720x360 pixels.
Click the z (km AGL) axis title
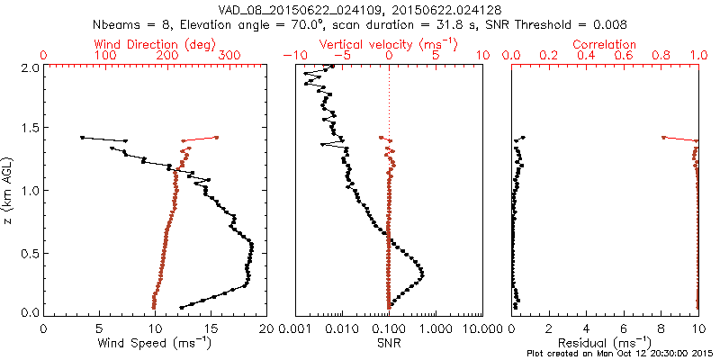[11, 189]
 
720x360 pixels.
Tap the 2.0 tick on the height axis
[29, 67]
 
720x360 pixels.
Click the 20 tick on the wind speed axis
[266, 328]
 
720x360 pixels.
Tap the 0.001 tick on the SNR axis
[295, 328]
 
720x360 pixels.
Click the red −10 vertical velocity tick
[292, 56]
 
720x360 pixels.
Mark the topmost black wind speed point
[82, 138]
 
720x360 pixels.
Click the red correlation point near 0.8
[663, 138]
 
